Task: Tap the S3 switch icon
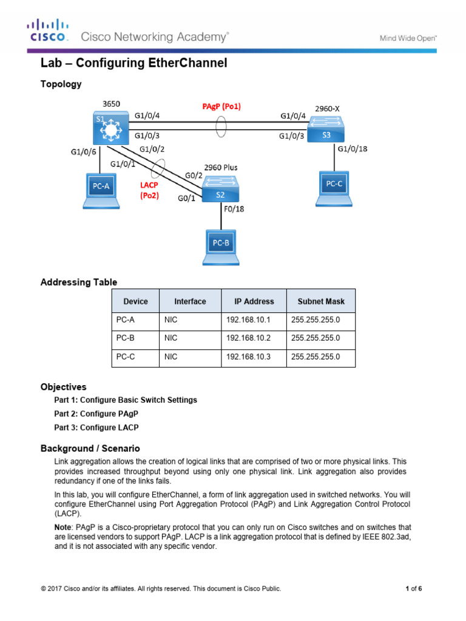[326, 129]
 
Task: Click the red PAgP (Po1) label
[221, 107]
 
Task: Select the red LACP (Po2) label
[149, 190]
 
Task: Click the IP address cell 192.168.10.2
[250, 338]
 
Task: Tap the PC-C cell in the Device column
[126, 358]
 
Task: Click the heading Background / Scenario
[90, 449]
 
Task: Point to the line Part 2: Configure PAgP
[96, 414]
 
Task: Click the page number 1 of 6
[413, 588]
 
